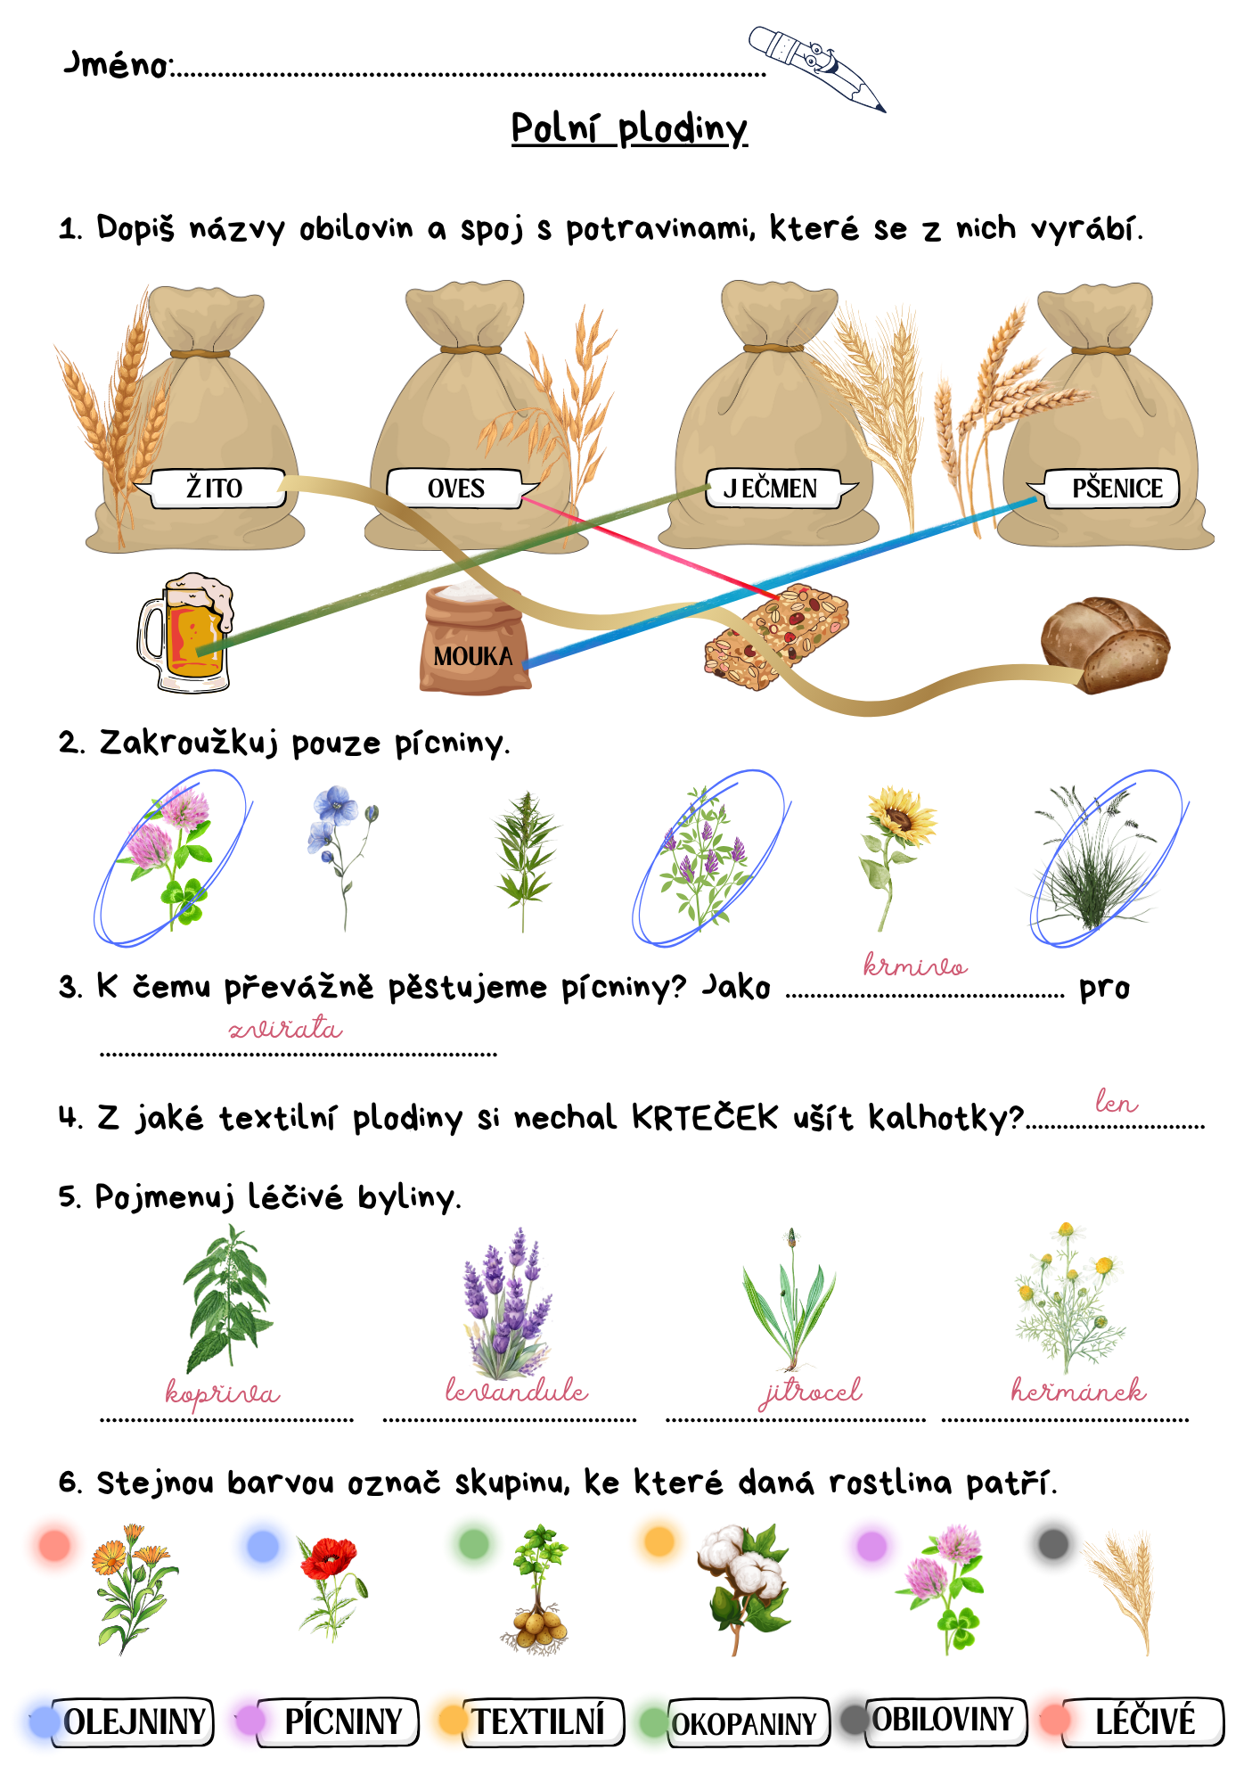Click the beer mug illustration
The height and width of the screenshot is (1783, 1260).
point(184,633)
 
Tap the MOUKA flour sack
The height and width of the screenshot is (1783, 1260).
point(474,638)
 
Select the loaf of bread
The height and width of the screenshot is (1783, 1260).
point(1105,644)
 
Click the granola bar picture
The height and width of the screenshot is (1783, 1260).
point(776,636)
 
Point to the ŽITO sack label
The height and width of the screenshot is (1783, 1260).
point(214,488)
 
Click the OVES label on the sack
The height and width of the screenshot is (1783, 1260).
point(458,489)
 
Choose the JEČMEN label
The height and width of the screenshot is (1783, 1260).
point(775,488)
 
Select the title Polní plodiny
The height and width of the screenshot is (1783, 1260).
point(629,129)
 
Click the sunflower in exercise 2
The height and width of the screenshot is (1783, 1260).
point(897,856)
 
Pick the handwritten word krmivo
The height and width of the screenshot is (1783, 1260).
point(915,965)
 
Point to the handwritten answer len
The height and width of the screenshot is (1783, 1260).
point(1117,1102)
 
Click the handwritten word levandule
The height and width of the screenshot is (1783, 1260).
point(517,1390)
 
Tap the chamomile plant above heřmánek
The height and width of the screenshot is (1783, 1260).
point(1068,1298)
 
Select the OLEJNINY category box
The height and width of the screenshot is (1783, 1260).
point(132,1721)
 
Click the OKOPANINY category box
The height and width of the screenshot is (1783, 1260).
point(747,1722)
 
